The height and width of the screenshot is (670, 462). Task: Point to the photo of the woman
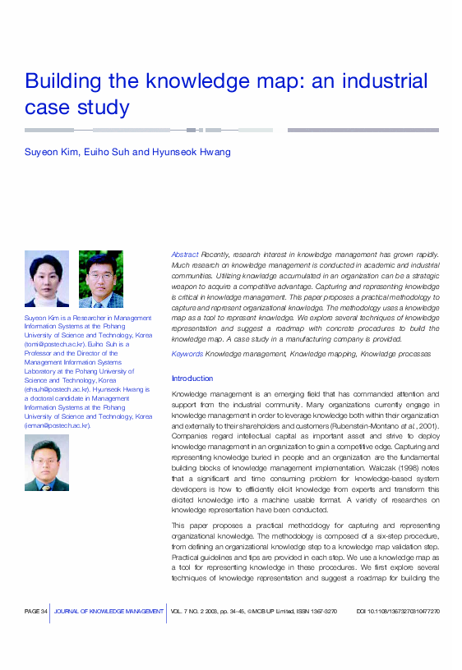(x=47, y=278)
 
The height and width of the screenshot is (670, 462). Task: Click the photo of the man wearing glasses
(x=100, y=278)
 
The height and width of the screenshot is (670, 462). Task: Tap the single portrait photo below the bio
(x=47, y=462)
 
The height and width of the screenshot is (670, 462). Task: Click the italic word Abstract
(x=184, y=255)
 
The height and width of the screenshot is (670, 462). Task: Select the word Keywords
(x=187, y=354)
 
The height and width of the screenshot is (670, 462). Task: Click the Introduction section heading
(x=192, y=379)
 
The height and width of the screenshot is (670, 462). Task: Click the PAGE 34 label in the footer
(x=36, y=612)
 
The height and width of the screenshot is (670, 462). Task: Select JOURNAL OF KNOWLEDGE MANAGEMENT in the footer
(x=109, y=612)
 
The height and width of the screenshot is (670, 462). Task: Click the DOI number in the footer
(x=398, y=612)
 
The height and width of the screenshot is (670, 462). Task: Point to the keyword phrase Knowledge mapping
(x=323, y=354)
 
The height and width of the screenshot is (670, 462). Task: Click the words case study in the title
(x=77, y=108)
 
